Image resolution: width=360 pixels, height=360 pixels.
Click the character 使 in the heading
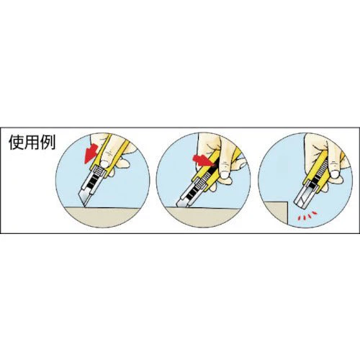coord(17,143)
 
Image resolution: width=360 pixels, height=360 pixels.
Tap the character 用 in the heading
coord(32,143)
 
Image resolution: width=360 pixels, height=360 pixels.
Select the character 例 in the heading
coord(48,143)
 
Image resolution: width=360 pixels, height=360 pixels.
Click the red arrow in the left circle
coord(91,153)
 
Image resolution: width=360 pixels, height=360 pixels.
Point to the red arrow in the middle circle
coord(203,161)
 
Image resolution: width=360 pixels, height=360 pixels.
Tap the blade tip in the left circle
coord(85,206)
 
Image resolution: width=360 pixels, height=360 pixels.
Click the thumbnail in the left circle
coord(104,164)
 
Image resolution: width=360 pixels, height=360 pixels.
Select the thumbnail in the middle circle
coord(225,174)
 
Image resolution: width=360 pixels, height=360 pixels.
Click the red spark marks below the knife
coord(307,216)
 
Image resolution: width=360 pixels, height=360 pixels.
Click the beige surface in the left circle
coord(102,217)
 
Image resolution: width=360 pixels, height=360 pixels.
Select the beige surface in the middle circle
coord(203,217)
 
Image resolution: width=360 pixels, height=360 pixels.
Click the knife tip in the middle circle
coord(178,206)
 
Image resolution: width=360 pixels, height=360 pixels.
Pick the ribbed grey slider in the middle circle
coord(199,185)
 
